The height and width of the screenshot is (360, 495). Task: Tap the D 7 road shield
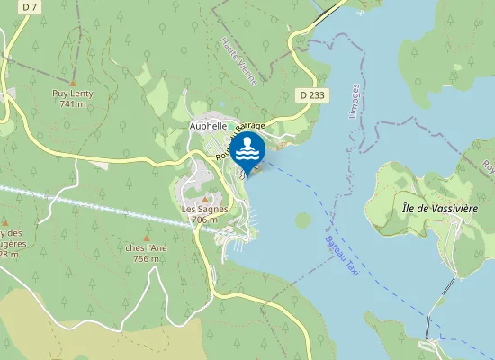pyautogui.click(x=30, y=7)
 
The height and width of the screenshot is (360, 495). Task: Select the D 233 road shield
pyautogui.click(x=311, y=94)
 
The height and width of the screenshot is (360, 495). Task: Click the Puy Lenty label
pyautogui.click(x=72, y=93)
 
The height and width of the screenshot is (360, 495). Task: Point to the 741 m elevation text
pyautogui.click(x=72, y=103)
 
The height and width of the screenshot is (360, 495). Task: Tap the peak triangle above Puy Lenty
pyautogui.click(x=73, y=81)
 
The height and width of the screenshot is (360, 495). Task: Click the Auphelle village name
pyautogui.click(x=208, y=127)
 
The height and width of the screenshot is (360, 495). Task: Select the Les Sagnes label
pyautogui.click(x=201, y=209)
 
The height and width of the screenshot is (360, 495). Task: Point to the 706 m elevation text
pyautogui.click(x=203, y=220)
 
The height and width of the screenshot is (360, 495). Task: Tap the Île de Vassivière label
pyautogui.click(x=438, y=208)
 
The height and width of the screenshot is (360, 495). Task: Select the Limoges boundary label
pyautogui.click(x=355, y=101)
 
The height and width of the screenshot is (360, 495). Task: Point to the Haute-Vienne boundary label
pyautogui.click(x=238, y=61)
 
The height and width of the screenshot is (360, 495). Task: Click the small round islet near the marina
pyautogui.click(x=303, y=220)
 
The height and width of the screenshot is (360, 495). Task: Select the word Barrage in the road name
pyautogui.click(x=252, y=127)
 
